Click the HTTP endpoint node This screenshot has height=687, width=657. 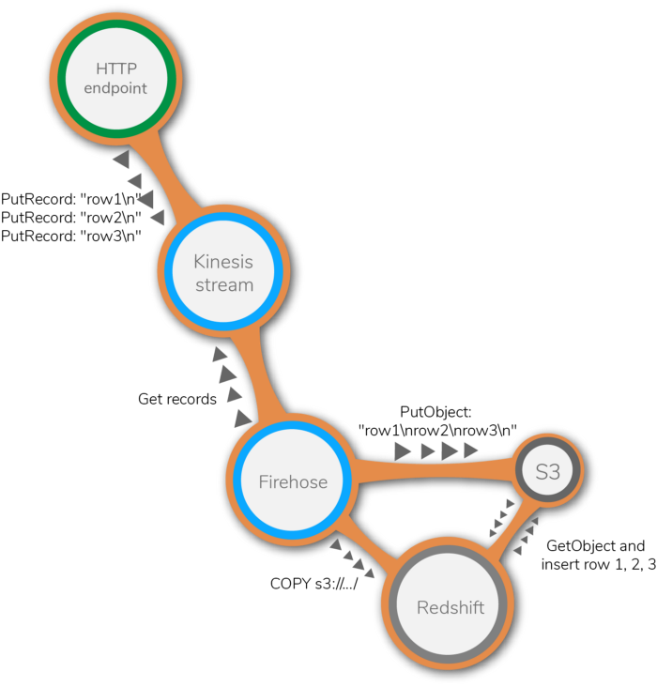tap(116, 80)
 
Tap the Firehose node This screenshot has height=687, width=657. tap(293, 481)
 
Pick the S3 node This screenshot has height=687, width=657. tap(548, 471)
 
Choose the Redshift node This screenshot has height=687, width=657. tap(450, 606)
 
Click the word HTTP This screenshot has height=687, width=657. tap(116, 69)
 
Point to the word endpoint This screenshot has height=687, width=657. tap(116, 89)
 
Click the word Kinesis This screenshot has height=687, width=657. tap(223, 262)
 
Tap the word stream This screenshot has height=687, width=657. tap(224, 284)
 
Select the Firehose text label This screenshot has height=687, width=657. tap(293, 482)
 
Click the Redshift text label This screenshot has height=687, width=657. tap(451, 608)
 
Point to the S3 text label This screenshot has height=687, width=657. tap(548, 472)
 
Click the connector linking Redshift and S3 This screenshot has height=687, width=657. tap(518, 531)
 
